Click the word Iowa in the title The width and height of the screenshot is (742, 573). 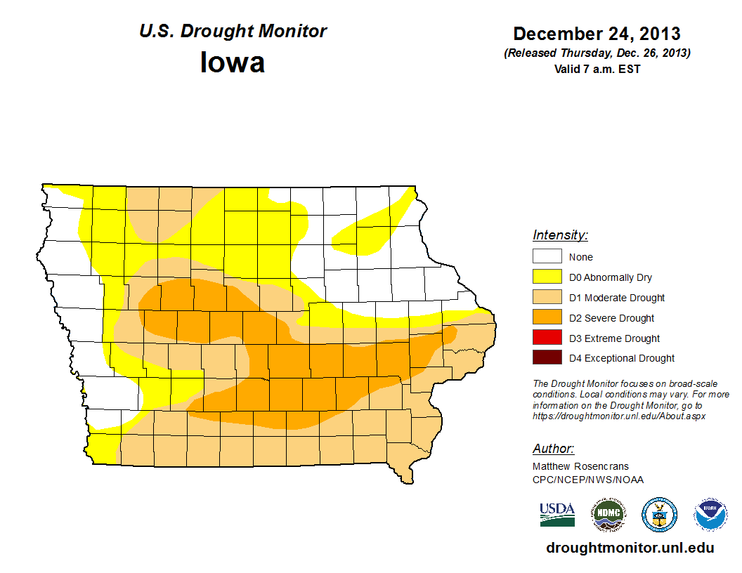point(233,62)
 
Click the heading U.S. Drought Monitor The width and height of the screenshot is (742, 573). point(233,32)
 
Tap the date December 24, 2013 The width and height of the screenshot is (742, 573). point(597,34)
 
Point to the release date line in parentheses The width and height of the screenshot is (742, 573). point(597,53)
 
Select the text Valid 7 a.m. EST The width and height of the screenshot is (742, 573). point(597,69)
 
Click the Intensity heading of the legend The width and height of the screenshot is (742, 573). point(560,235)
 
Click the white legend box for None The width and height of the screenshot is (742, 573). point(547,257)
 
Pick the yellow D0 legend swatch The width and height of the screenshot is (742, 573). point(547,277)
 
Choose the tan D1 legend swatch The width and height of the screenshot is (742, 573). point(547,298)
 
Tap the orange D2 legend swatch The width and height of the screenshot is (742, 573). point(547,318)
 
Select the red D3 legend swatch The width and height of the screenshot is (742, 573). point(547,338)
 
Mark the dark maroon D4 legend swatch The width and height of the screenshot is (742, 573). point(547,358)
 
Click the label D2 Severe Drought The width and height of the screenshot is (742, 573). point(611,318)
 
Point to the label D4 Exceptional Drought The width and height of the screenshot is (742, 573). point(621,358)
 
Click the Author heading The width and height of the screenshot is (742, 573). point(553,449)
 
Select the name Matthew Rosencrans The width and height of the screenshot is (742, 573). point(580,466)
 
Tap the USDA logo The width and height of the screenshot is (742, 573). point(557,514)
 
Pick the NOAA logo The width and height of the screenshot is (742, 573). point(711,515)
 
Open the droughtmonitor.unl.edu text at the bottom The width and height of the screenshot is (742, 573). point(630,548)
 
